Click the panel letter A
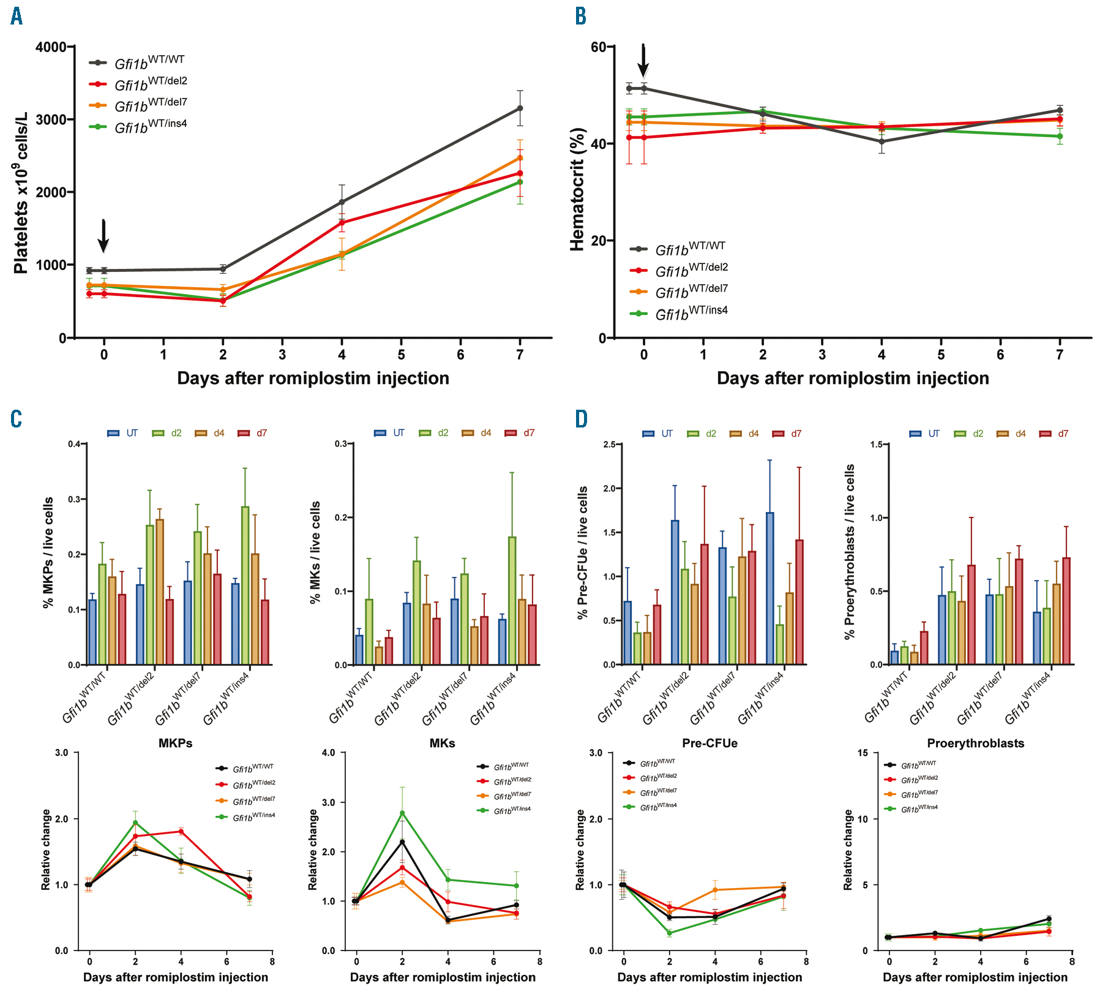coord(17,17)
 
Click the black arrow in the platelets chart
coord(103,236)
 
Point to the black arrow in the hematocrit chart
coord(643,60)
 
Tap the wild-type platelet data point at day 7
coord(520,108)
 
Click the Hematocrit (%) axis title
coord(578,190)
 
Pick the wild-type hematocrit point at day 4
coord(882,141)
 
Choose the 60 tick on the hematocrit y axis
coord(598,47)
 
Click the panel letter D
coord(581,419)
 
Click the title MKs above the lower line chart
coord(442,743)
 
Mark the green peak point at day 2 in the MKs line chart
coord(402,813)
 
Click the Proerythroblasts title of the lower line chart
coord(975,743)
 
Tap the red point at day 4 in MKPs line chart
coord(181,831)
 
